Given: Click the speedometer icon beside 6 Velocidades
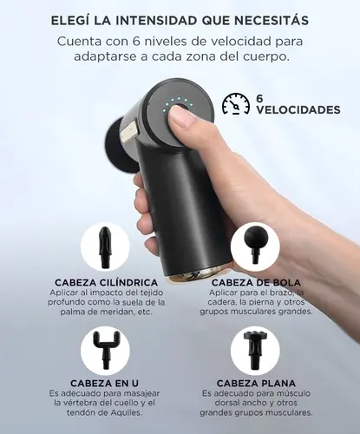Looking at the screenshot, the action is point(236,104).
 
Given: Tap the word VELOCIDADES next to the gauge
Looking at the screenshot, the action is point(298,110).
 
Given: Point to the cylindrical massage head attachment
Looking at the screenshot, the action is point(104,247).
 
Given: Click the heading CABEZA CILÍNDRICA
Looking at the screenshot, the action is point(107,282).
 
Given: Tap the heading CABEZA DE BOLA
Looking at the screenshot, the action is point(256,282).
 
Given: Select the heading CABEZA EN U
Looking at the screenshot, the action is point(104,384).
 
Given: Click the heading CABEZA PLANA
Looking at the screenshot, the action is point(256,384).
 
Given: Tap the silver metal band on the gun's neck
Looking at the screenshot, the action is point(130,133).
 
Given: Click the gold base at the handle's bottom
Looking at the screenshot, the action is point(197,275).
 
